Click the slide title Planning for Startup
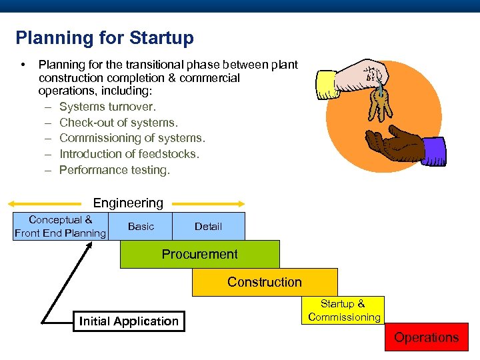click(x=105, y=38)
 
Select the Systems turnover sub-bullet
click(x=107, y=107)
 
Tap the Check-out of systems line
click(x=119, y=123)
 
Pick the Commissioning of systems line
click(x=132, y=138)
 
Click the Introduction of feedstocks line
click(x=129, y=154)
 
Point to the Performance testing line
click(x=115, y=170)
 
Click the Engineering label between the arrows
click(x=128, y=203)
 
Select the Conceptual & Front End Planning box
click(x=60, y=226)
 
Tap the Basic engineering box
click(x=141, y=227)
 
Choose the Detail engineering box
click(x=208, y=227)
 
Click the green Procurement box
click(x=199, y=254)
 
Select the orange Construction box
click(x=265, y=282)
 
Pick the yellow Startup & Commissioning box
click(x=344, y=310)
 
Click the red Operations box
click(x=426, y=337)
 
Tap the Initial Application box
click(x=129, y=321)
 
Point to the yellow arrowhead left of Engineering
click(x=16, y=203)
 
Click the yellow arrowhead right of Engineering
click(x=241, y=203)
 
